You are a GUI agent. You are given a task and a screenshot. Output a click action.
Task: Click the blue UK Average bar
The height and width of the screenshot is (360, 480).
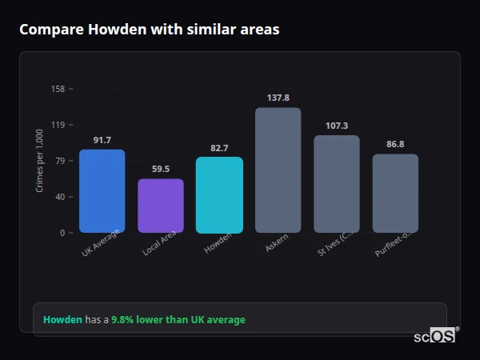(102, 191)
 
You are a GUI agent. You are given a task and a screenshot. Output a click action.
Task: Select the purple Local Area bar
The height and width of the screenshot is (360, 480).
(161, 206)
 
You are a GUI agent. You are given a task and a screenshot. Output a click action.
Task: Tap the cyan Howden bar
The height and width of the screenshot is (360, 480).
(219, 195)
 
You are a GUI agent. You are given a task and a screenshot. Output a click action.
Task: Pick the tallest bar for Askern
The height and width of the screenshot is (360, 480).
(278, 170)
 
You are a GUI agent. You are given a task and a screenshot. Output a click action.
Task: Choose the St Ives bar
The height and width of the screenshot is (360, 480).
(337, 184)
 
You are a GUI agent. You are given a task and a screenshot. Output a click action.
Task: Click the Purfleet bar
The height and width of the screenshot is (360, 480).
(395, 194)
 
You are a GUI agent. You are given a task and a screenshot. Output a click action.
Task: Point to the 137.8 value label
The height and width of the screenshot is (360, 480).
(278, 98)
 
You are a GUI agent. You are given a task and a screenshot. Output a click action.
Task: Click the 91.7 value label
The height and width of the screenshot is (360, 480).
(102, 140)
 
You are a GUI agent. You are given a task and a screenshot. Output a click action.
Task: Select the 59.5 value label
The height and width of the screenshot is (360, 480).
(161, 169)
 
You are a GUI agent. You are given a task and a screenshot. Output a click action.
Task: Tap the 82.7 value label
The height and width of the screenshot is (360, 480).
(219, 148)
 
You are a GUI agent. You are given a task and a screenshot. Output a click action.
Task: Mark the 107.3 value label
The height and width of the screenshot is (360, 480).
(337, 126)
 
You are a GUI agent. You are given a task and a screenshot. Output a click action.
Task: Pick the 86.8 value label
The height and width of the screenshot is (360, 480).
(395, 144)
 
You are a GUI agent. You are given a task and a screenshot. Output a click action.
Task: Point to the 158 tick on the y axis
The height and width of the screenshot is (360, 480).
(58, 89)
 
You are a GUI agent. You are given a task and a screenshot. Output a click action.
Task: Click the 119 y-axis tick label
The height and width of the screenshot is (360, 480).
(58, 125)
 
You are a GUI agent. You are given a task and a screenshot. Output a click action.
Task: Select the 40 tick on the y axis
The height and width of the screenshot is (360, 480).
(60, 197)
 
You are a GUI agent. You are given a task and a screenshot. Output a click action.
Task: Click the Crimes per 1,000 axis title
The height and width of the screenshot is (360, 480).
(40, 161)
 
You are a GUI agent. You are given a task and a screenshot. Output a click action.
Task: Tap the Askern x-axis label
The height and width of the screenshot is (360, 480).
(277, 243)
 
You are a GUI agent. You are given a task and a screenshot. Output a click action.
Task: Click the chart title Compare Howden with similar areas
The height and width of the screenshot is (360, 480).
(150, 30)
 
